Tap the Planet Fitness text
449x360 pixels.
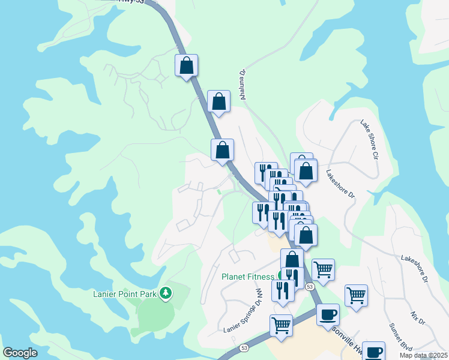coord(248,277)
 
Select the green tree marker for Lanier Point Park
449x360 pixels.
coord(166,293)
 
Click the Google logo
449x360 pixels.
coord(20,353)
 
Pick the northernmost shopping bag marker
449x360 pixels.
coord(186,65)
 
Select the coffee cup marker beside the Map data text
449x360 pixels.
coord(373,352)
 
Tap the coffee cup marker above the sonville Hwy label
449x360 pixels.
coord(328,314)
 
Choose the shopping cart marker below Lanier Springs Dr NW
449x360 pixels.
coord(281,325)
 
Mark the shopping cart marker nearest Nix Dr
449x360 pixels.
coord(356,295)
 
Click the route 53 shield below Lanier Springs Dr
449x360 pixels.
coord(244,348)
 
